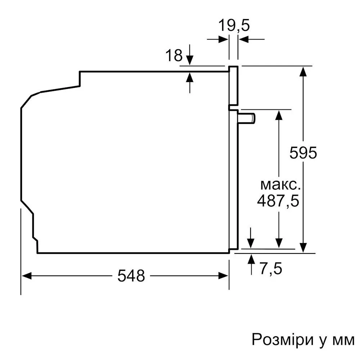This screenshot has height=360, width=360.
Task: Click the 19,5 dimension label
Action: point(234,25)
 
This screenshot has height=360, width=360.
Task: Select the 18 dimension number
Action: point(174,55)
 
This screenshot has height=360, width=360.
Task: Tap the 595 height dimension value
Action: point(303,152)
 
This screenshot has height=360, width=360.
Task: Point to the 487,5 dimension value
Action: point(278,201)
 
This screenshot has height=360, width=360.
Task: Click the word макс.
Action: point(280,185)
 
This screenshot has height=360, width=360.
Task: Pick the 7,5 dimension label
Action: point(271,269)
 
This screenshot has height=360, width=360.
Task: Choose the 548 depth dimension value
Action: point(131,275)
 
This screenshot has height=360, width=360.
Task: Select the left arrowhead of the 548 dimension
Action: point(26,276)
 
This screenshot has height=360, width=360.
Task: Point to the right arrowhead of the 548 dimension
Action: point(223,276)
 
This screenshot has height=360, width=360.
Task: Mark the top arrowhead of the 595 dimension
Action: point(303,72)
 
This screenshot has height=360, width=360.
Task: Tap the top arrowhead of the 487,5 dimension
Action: point(279,115)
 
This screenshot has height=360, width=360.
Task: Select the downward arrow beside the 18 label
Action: point(190,55)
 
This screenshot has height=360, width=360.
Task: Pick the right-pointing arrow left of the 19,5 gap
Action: point(218,39)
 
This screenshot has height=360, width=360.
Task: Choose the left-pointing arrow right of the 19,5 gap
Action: point(251,39)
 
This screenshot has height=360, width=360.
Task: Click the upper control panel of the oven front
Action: point(234,85)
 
